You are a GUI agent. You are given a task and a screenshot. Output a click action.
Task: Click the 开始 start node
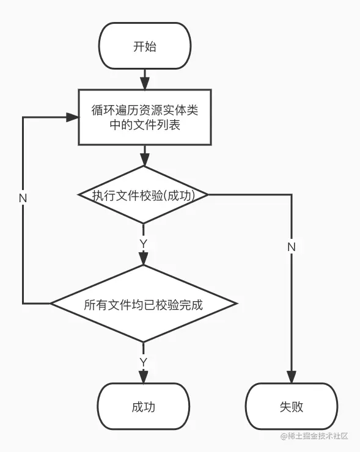coord(145,46)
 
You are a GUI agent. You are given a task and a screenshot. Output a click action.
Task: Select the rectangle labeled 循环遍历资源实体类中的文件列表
coord(145,117)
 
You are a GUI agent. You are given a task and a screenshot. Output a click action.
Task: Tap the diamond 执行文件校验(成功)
coord(144,195)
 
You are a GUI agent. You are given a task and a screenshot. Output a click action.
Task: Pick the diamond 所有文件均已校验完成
coord(144,304)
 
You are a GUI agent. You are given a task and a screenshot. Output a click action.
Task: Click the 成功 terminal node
coord(144,406)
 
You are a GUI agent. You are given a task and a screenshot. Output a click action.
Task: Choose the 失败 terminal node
coord(292,406)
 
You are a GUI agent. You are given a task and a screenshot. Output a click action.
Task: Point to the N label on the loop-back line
coord(23,199)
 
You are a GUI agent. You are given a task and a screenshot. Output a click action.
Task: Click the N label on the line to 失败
coord(292,247)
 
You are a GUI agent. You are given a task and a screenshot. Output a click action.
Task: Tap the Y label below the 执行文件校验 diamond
coord(144,244)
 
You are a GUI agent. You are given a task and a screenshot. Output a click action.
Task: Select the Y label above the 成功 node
coord(144,362)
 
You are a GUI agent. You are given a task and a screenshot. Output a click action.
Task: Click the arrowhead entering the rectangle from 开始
coord(145,84)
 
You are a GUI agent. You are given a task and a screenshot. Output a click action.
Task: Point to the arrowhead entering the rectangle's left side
coord(72,117)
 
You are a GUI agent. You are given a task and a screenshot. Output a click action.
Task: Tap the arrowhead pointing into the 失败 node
coord(292,377)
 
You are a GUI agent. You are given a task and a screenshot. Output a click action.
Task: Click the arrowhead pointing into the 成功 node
coord(144,377)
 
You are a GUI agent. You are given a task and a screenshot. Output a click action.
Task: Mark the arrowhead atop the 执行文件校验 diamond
coord(144,160)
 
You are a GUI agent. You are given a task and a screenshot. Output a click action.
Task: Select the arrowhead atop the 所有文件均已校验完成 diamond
coord(144,259)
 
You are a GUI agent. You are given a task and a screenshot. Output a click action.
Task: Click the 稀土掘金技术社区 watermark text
coord(314,436)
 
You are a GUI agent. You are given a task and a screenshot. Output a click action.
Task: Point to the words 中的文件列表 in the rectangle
coord(145,125)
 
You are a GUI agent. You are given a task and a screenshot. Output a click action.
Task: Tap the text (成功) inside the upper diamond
coord(180,195)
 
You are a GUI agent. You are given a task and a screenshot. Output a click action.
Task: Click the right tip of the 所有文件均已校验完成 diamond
coord(237,304)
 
